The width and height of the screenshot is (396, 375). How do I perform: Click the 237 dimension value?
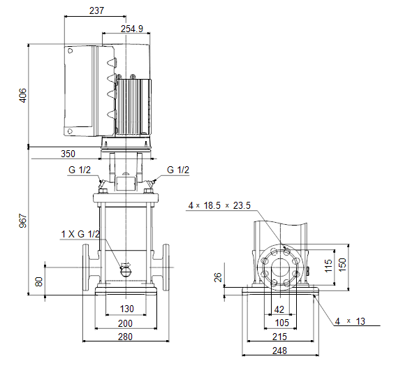pyautogui.click(x=96, y=10)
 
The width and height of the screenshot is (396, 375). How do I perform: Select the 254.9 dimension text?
pyautogui.click(x=132, y=29)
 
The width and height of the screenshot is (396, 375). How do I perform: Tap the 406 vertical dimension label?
pyautogui.click(x=23, y=95)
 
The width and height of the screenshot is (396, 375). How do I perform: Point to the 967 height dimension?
pyautogui.click(x=23, y=221)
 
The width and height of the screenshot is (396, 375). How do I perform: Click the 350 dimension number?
pyautogui.click(x=68, y=154)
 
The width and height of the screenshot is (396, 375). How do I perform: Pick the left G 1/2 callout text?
pyautogui.click(x=80, y=170)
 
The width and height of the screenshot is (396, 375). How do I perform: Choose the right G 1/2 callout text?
pyautogui.click(x=178, y=170)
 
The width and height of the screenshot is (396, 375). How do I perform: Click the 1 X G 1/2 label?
pyautogui.click(x=80, y=234)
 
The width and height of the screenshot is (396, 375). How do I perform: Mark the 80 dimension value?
pyautogui.click(x=38, y=281)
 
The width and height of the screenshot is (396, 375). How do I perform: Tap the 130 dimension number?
pyautogui.click(x=127, y=309)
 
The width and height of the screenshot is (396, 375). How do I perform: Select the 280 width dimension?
pyautogui.click(x=125, y=337)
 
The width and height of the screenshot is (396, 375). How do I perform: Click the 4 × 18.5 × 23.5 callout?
pyautogui.click(x=219, y=205)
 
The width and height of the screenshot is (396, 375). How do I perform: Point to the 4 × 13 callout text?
pyautogui.click(x=350, y=321)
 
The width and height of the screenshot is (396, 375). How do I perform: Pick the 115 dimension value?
pyautogui.click(x=328, y=265)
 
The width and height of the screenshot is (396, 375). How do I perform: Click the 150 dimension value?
pyautogui.click(x=342, y=265)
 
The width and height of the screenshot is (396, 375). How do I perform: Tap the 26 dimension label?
pyautogui.click(x=218, y=277)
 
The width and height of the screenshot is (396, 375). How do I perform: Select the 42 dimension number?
pyautogui.click(x=279, y=309)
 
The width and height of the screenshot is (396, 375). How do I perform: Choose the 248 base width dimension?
pyautogui.click(x=279, y=351)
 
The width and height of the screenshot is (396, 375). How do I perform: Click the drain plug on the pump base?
pyautogui.click(x=126, y=272)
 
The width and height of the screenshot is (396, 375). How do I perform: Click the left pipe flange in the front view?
pyautogui.click(x=86, y=267)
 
